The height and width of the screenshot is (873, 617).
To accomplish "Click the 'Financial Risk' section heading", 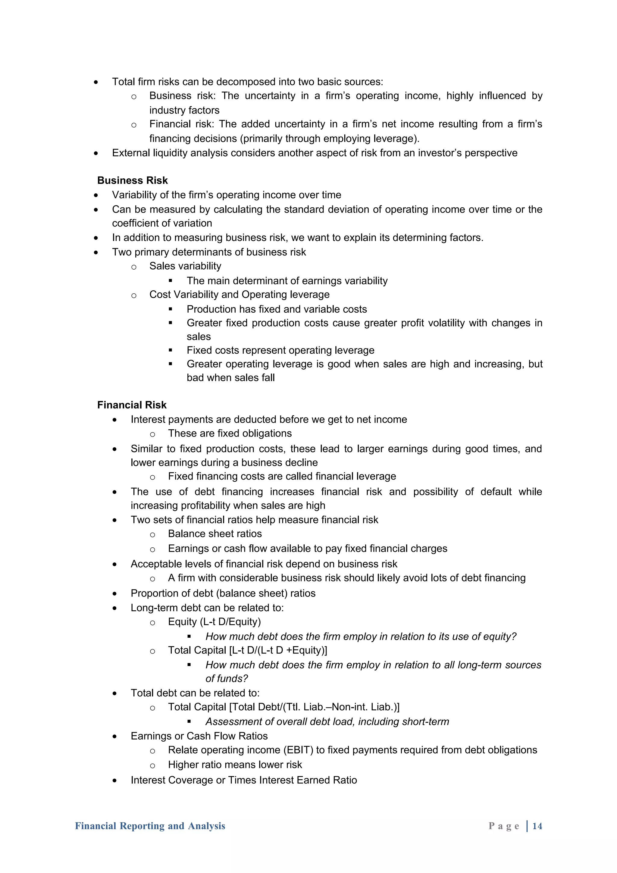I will (x=132, y=405).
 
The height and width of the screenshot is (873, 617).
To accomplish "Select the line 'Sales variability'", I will (x=185, y=266).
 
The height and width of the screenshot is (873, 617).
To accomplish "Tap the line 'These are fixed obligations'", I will (x=230, y=433).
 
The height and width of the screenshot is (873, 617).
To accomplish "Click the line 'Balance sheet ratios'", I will (x=215, y=534).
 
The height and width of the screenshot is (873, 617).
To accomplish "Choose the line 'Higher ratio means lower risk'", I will (x=235, y=765).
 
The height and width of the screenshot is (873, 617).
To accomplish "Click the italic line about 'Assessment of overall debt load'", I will (x=327, y=722).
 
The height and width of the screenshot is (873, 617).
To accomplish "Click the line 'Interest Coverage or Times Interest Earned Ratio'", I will (x=244, y=780).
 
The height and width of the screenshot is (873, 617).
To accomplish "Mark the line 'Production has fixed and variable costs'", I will (x=277, y=309).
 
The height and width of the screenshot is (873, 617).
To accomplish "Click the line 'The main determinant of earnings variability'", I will (x=287, y=281).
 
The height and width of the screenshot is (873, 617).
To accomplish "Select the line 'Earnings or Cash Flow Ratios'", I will (x=199, y=736).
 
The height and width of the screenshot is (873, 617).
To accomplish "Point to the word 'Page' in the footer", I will (x=503, y=826).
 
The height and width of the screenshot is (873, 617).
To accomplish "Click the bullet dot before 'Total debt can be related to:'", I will (x=115, y=693).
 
